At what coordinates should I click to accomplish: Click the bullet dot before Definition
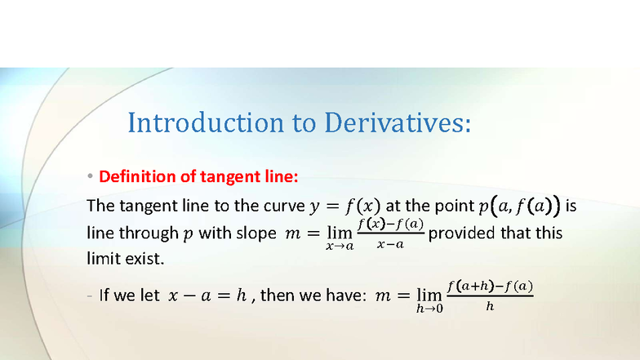click(91, 177)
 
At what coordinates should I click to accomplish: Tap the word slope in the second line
click(255, 233)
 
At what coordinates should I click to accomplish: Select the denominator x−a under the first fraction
click(389, 245)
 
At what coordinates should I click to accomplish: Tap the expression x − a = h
click(206, 296)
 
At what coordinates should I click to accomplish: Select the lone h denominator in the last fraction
click(490, 307)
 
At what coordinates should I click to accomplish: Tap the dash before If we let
click(90, 296)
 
